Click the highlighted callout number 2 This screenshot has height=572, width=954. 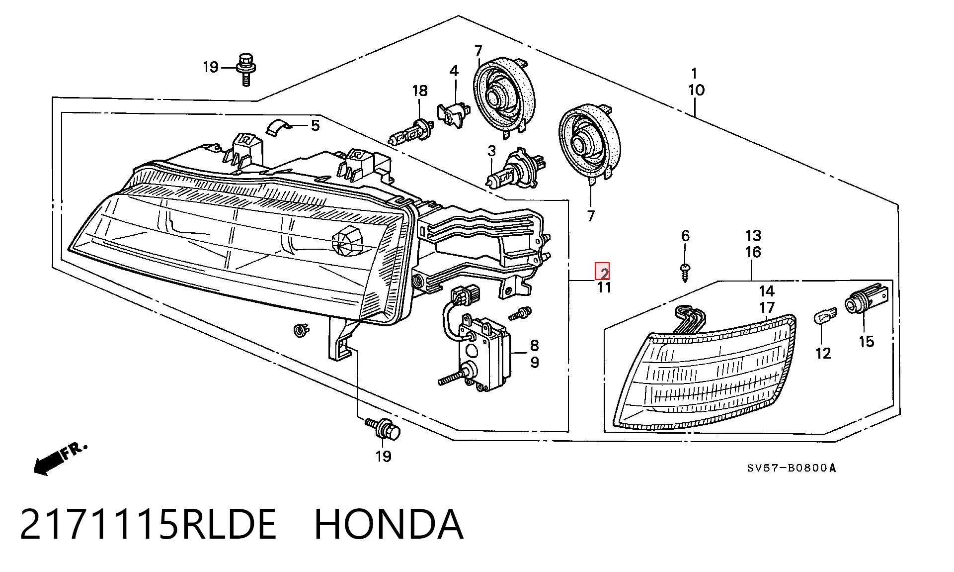(603, 272)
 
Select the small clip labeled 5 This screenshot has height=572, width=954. (279, 126)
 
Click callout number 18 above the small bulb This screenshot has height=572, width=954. (420, 91)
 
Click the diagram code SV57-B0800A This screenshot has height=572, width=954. (792, 468)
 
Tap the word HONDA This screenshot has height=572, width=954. (389, 524)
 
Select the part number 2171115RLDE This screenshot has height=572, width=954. (148, 524)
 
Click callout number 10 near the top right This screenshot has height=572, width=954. (696, 91)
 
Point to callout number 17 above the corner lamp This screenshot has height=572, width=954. (767, 307)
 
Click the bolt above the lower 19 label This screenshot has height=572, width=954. (382, 428)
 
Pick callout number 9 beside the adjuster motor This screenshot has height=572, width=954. (535, 362)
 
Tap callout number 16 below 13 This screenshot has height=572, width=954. (753, 252)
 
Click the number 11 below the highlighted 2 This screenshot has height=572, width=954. (604, 287)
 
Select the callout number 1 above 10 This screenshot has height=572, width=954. (695, 74)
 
